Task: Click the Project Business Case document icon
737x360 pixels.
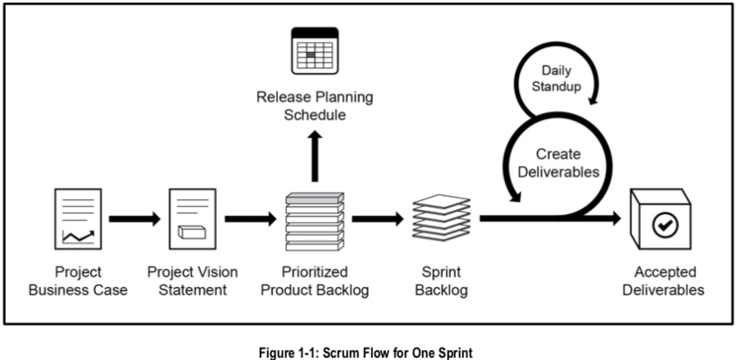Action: pyautogui.click(x=78, y=218)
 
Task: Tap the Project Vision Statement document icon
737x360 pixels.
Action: pyautogui.click(x=192, y=218)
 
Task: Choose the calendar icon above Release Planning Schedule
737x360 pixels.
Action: pyautogui.click(x=315, y=52)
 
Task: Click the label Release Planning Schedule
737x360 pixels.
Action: pyautogui.click(x=315, y=106)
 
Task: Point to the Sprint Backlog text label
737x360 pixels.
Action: pyautogui.click(x=442, y=280)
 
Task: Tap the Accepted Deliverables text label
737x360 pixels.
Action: pyautogui.click(x=665, y=280)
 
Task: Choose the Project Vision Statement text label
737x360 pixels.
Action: pyautogui.click(x=192, y=280)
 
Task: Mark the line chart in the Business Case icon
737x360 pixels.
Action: pyautogui.click(x=78, y=237)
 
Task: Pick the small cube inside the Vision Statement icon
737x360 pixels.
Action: pyautogui.click(x=190, y=232)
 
